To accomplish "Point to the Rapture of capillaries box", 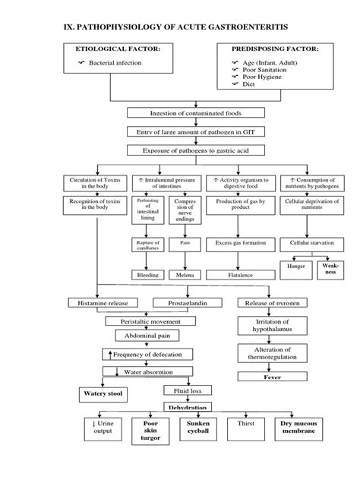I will tap(148, 245).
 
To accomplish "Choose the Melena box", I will tap(185, 274).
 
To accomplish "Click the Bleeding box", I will tap(148, 274).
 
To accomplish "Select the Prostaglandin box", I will tap(190, 303).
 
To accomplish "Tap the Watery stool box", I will tap(103, 393).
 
